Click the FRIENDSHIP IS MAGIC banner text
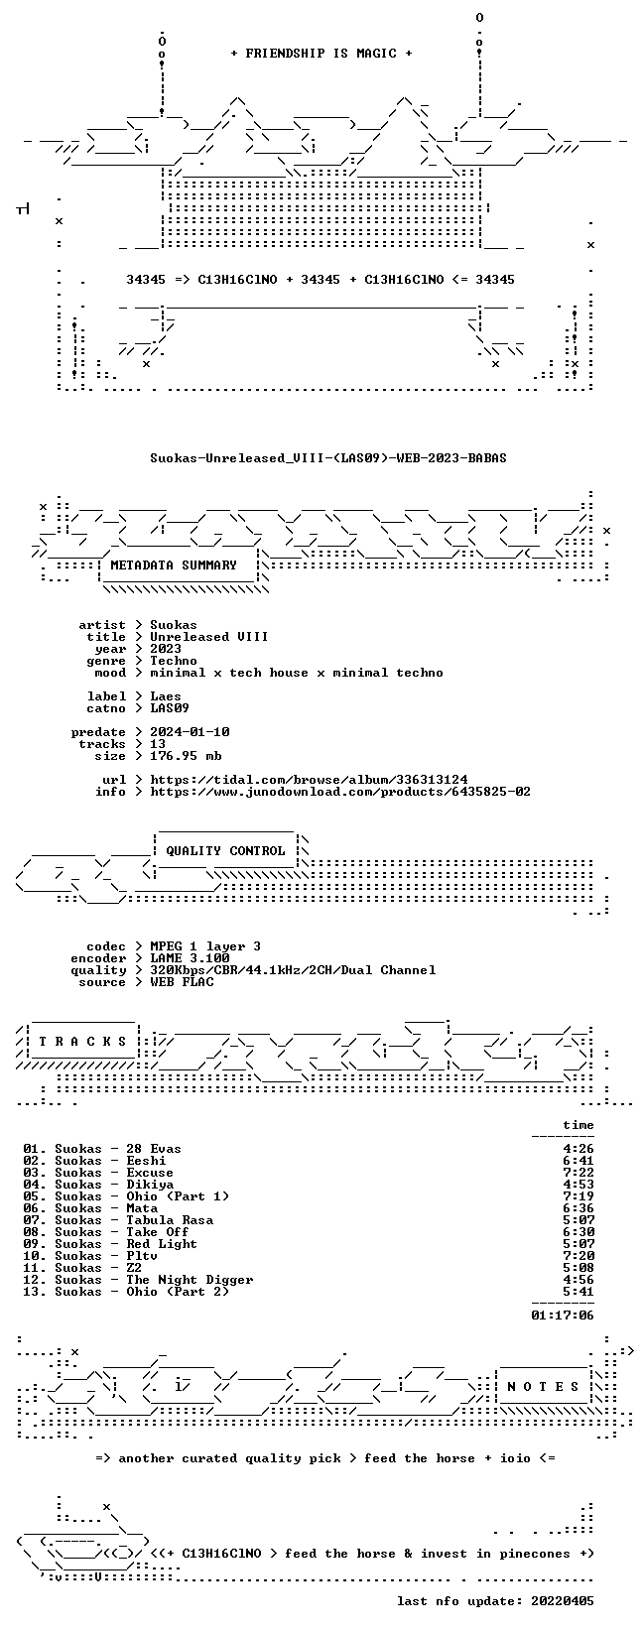[x=321, y=54]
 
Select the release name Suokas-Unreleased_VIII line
[x=328, y=458]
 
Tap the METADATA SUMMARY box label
[x=174, y=565]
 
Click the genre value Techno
[x=174, y=661]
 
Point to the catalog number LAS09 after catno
[x=170, y=707]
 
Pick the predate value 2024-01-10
[x=191, y=732]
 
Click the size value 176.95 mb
[x=186, y=756]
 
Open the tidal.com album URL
[x=309, y=780]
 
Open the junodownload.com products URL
[x=340, y=792]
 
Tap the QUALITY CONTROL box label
[x=225, y=851]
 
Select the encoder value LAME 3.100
[x=191, y=958]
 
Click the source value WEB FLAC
[x=182, y=982]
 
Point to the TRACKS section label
[x=82, y=1042]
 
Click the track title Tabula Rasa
[x=170, y=1220]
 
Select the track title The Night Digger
[x=191, y=1280]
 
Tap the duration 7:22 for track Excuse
[x=579, y=1173]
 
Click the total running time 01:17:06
[x=563, y=1315]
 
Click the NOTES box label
[x=543, y=1386]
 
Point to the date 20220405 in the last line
[x=563, y=1600]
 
